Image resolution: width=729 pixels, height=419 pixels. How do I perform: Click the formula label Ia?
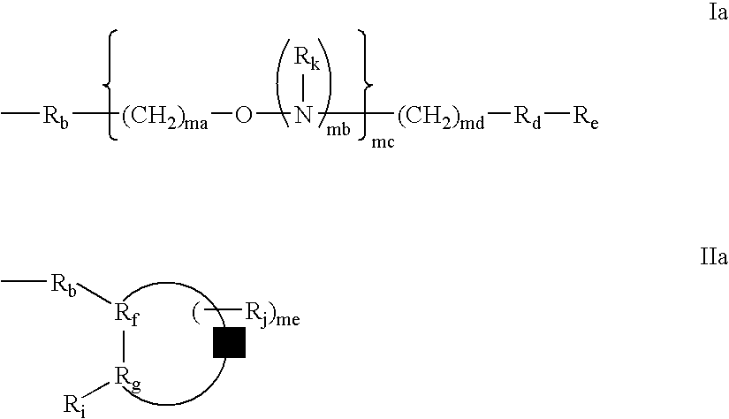click(x=718, y=13)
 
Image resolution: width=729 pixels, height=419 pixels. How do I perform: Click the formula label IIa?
click(x=714, y=256)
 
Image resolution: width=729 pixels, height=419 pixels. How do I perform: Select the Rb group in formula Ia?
click(x=56, y=117)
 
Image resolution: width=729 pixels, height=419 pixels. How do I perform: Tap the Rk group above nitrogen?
click(x=308, y=58)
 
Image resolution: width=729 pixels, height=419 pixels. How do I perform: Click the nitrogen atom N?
click(x=304, y=114)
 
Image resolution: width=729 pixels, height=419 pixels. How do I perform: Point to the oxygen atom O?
click(x=244, y=114)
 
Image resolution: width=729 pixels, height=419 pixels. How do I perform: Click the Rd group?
click(x=528, y=117)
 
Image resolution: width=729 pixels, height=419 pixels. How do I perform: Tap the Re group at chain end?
click(x=585, y=117)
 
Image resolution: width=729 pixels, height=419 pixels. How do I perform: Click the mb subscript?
click(x=338, y=130)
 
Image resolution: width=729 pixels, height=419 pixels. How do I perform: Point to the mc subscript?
click(x=383, y=141)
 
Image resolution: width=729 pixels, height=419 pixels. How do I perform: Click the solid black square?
click(x=229, y=342)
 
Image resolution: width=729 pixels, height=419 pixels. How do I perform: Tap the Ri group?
click(x=74, y=406)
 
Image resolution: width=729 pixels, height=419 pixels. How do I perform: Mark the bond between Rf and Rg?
click(x=124, y=347)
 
